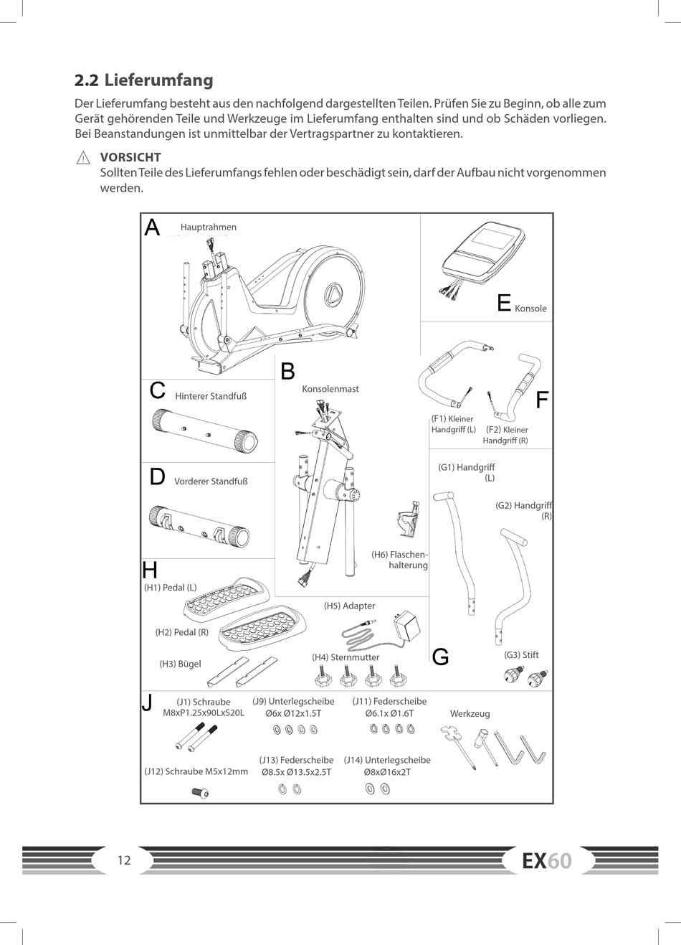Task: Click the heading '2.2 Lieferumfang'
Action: pyautogui.click(x=144, y=80)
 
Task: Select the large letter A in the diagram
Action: pyautogui.click(x=152, y=227)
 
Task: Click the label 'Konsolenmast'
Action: pyautogui.click(x=330, y=389)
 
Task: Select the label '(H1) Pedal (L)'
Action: pyautogui.click(x=170, y=588)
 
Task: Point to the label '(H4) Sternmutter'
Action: pyautogui.click(x=346, y=657)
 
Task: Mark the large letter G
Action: pyautogui.click(x=441, y=657)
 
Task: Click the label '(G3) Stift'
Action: pyautogui.click(x=521, y=655)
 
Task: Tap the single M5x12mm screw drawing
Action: pyautogui.click(x=201, y=792)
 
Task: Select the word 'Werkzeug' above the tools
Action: pyautogui.click(x=470, y=714)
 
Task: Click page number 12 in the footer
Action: pyautogui.click(x=124, y=860)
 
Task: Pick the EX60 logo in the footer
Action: pyautogui.click(x=547, y=860)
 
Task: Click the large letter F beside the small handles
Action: pyautogui.click(x=543, y=400)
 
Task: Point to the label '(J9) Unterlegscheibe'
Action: pyautogui.click(x=293, y=702)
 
